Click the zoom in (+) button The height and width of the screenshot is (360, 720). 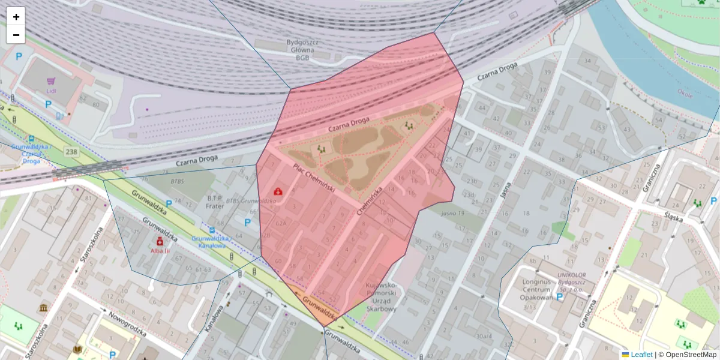pos(16,17)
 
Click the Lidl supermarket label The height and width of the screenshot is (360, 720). pos(51,91)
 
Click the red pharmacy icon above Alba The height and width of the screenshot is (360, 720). pos(160,241)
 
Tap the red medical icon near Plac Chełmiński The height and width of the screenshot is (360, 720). pos(278,191)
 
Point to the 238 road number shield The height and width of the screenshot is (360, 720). pos(72,152)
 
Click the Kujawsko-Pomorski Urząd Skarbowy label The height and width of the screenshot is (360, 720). pos(381,297)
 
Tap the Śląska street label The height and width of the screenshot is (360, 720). pos(674,219)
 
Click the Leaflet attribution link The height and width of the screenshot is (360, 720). pos(641,355)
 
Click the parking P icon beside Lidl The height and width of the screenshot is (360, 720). pos(48,104)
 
